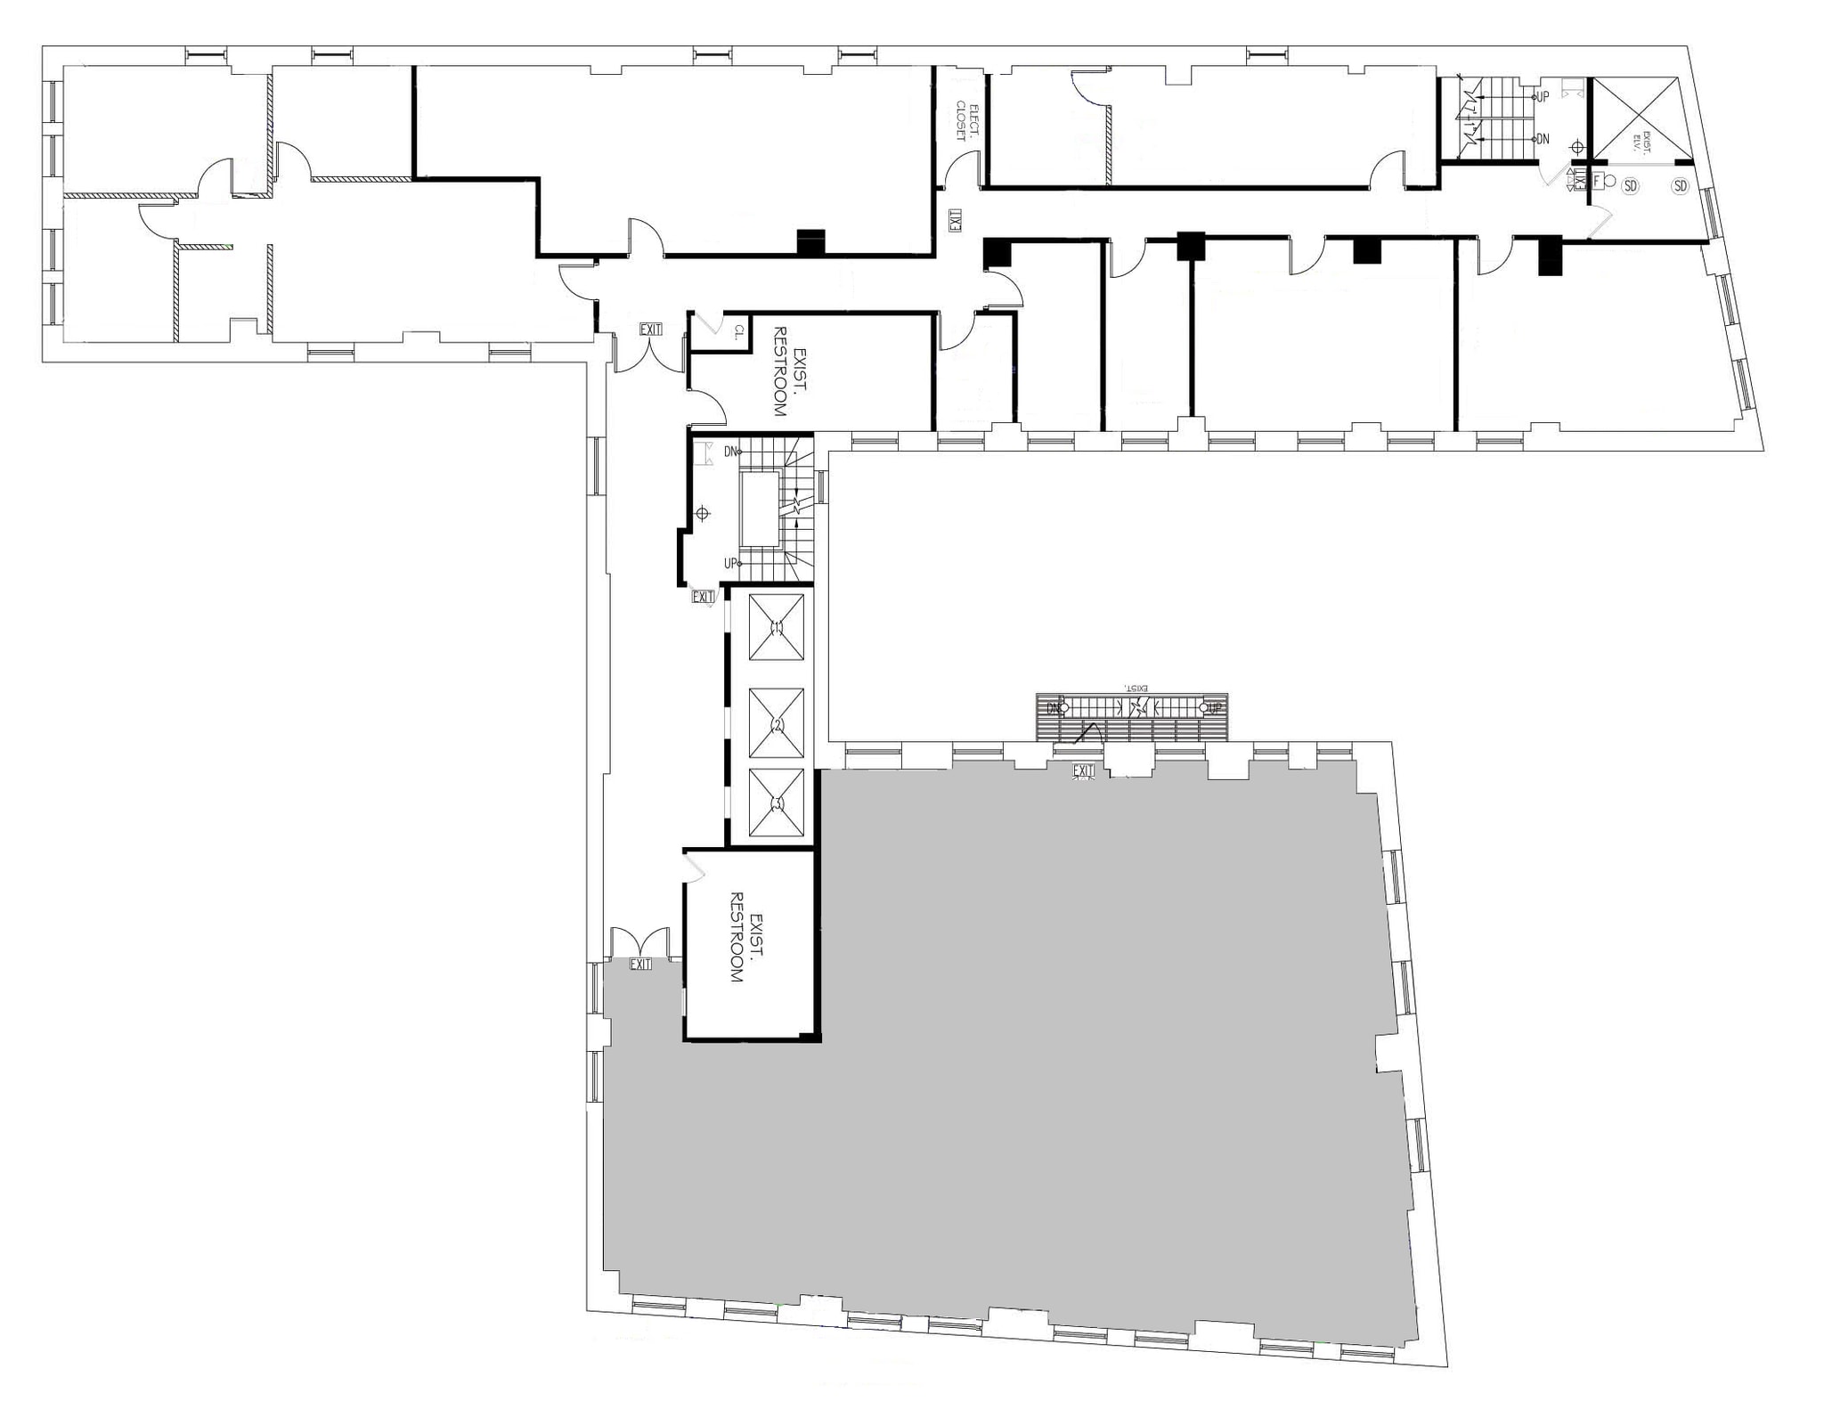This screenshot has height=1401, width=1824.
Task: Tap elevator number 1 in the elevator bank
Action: coord(776,627)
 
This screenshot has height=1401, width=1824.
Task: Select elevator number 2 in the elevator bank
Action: coord(776,724)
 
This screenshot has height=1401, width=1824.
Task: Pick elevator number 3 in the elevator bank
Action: coord(776,802)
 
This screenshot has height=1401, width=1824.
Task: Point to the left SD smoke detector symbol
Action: coord(1630,186)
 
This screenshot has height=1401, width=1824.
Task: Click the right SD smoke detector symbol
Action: coord(1680,186)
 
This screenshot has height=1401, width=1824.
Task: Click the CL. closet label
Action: coord(738,333)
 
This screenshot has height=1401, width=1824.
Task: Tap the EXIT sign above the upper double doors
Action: coord(651,330)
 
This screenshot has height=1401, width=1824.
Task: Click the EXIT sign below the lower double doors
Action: coord(640,964)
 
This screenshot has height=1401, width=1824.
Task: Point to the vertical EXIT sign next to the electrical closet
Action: coord(955,220)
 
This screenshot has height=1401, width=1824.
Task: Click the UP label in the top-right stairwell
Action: coord(1543,96)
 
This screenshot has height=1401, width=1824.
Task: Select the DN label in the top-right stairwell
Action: coord(1543,140)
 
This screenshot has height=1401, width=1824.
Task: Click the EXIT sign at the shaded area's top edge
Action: coord(1083,770)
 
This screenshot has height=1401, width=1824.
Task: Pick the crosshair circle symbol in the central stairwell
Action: coord(702,513)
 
